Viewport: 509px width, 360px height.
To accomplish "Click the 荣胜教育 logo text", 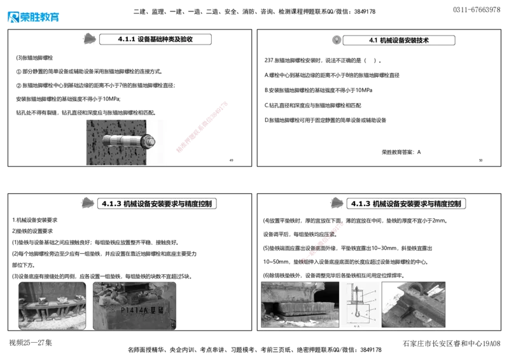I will (40, 17).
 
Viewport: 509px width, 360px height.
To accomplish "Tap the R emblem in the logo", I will (12, 17).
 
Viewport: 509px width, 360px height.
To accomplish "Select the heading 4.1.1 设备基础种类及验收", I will (155, 39).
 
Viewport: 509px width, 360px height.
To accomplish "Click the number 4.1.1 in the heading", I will (126, 39).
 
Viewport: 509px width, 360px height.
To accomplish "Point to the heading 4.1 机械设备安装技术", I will (399, 40).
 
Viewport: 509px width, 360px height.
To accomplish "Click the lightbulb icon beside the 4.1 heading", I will (336, 39).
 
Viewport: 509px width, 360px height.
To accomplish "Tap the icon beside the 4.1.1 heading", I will (90, 39).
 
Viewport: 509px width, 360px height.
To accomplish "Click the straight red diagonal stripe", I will (201, 126).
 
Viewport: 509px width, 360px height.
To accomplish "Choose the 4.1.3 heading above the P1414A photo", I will (157, 204).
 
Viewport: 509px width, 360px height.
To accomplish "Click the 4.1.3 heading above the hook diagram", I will (407, 204).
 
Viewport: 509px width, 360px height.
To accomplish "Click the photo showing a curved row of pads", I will (52, 305).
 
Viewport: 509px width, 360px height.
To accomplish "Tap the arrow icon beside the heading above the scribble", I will (338, 204).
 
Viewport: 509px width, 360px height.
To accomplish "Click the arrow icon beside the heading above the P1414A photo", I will (87, 203).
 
